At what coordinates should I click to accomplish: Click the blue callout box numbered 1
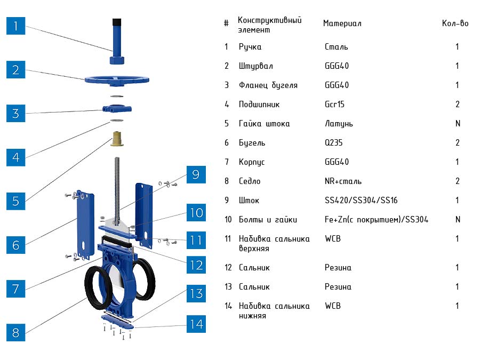tap(16, 26)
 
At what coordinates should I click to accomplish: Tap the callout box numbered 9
tap(196, 174)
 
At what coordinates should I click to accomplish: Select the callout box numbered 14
tap(196, 324)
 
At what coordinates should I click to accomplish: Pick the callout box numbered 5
tap(16, 201)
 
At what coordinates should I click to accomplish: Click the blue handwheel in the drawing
tap(116, 81)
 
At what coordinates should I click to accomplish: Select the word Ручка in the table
tap(250, 47)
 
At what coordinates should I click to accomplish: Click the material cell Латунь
tap(339, 124)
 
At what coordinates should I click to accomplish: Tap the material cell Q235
tap(336, 143)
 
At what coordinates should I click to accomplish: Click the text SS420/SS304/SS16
tap(361, 201)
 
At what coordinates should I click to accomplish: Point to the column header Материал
tap(342, 24)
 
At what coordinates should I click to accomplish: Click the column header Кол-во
tap(455, 24)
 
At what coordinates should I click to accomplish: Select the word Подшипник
tap(259, 105)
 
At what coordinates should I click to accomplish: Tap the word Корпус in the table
tap(252, 162)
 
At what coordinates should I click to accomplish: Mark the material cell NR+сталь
tap(343, 181)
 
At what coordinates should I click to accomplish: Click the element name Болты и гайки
tap(268, 220)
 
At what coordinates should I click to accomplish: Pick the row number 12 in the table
tap(228, 268)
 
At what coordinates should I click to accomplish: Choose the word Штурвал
tap(256, 66)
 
